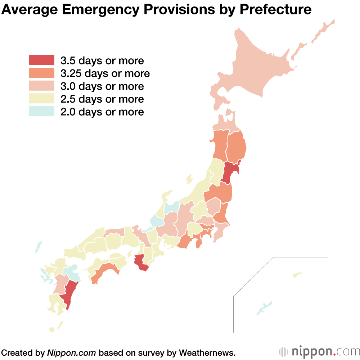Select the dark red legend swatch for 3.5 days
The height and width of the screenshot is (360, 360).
[41, 60]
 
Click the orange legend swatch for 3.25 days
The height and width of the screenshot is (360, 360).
[41, 73]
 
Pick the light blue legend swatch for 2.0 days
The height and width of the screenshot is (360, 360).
[41, 112]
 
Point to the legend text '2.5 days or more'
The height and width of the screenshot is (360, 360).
[102, 99]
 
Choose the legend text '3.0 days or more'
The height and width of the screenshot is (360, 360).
[102, 86]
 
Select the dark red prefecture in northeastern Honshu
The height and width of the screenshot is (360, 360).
[231, 172]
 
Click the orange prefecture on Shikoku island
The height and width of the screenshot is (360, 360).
[104, 272]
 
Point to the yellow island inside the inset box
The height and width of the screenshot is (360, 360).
[297, 275]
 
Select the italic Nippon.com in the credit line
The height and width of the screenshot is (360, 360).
[71, 352]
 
